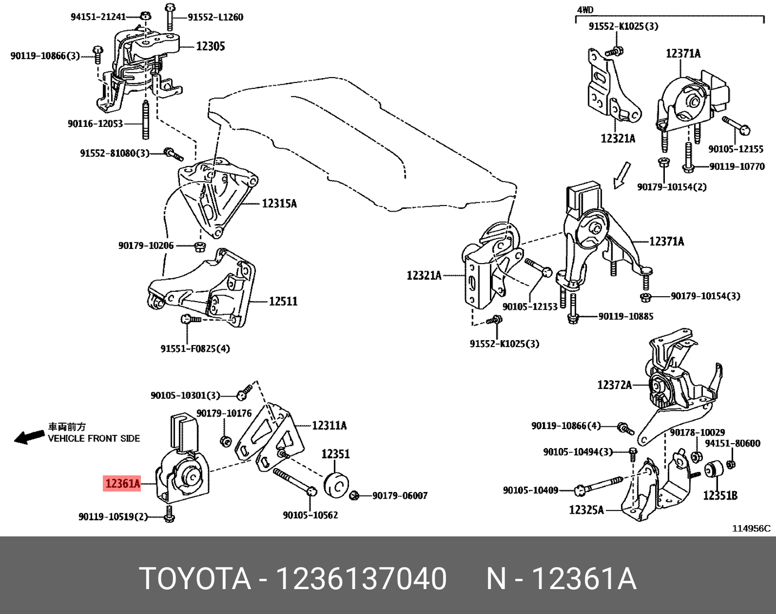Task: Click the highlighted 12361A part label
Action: click(123, 483)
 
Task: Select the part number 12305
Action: click(210, 47)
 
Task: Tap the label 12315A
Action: click(279, 204)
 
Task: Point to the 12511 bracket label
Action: click(283, 301)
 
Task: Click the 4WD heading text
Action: click(585, 10)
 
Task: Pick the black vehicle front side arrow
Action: click(29, 437)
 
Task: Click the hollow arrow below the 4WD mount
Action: click(622, 175)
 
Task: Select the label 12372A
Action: click(615, 385)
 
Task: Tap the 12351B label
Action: click(720, 495)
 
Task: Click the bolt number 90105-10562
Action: click(311, 515)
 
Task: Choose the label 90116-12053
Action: click(95, 124)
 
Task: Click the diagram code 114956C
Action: click(751, 528)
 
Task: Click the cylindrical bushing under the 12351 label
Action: click(336, 483)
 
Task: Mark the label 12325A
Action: click(586, 510)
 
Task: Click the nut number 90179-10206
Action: click(146, 246)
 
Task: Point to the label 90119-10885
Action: click(626, 316)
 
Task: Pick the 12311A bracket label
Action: click(329, 426)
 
